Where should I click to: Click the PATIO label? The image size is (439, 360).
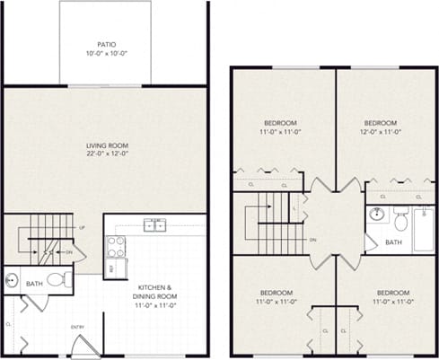coord(106,43)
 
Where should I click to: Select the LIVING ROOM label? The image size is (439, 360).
coord(105,145)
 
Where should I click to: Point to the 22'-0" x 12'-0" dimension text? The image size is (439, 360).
coord(105,154)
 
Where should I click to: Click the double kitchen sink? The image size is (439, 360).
coord(155,224)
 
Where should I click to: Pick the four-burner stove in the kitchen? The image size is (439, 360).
coord(117,247)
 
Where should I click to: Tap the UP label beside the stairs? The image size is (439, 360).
coord(82,228)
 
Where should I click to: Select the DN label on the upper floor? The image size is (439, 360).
coord(312,241)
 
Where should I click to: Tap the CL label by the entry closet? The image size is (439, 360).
coord(9,323)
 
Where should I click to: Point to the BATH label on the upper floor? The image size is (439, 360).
coord(393,242)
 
